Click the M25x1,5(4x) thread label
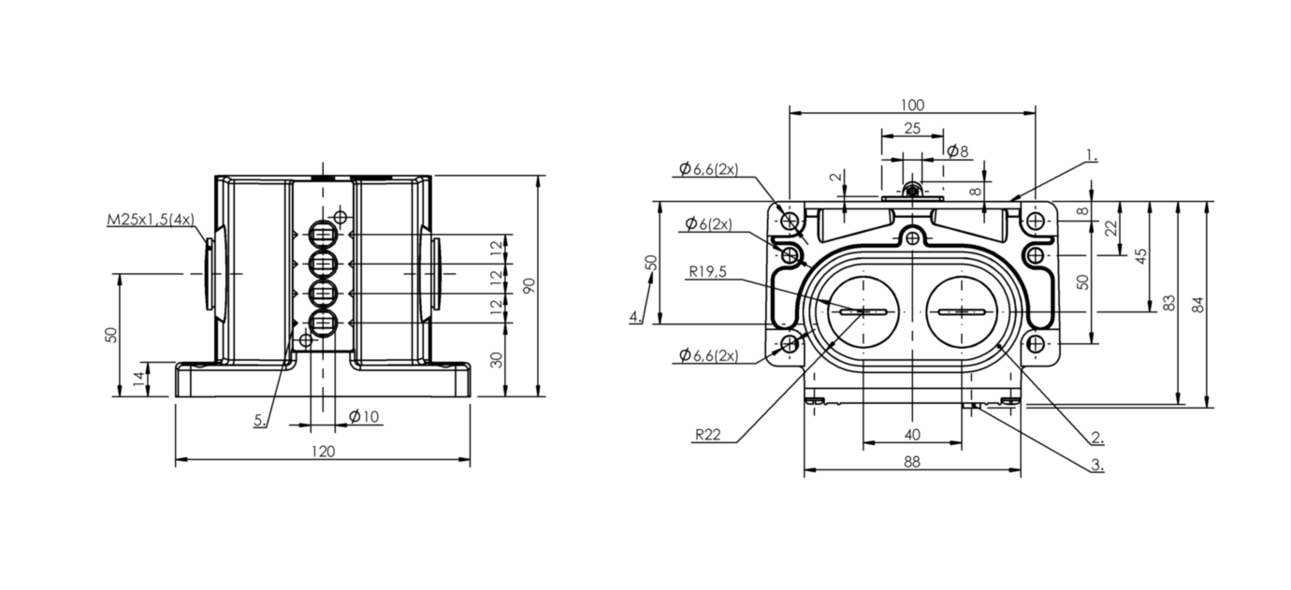click(150, 221)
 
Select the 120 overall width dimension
click(323, 451)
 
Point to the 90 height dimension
click(529, 286)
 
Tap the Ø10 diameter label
click(364, 416)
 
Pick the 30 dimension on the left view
click(497, 359)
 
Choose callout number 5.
click(259, 421)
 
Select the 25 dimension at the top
click(912, 127)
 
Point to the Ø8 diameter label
click(957, 151)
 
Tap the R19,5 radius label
click(708, 272)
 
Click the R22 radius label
click(707, 435)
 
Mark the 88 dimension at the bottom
click(912, 461)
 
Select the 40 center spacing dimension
click(912, 434)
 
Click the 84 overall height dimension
click(1198, 304)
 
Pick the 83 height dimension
click(1168, 304)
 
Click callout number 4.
click(635, 317)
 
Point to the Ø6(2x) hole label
click(708, 223)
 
